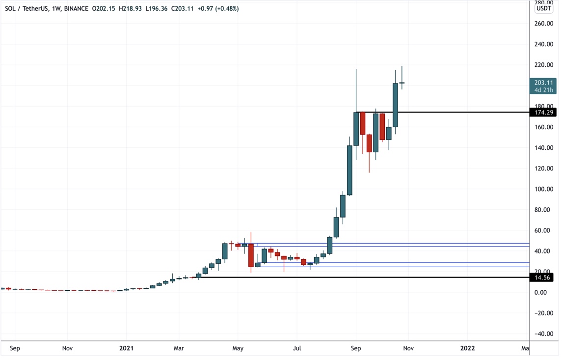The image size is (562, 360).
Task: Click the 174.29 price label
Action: [x=542, y=112]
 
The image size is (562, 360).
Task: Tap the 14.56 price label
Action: [x=542, y=277]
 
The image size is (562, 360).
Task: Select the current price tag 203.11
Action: [x=543, y=83]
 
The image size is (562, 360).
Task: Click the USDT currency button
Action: [x=543, y=8]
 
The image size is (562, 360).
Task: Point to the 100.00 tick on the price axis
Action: [x=543, y=189]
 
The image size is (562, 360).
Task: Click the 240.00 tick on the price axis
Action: [x=543, y=44]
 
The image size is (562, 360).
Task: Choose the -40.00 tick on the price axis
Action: [x=543, y=333]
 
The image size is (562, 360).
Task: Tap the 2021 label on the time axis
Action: [x=126, y=348]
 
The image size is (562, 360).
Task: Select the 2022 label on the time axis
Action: [x=467, y=348]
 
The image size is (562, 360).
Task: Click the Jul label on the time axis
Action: [x=296, y=348]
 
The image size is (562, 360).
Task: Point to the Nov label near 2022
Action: [x=408, y=348]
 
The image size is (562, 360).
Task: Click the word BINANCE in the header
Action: [x=76, y=8]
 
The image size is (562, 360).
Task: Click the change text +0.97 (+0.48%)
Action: [x=217, y=8]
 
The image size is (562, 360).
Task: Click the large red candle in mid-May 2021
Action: [x=251, y=255]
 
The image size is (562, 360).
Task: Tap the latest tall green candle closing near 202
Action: [x=395, y=105]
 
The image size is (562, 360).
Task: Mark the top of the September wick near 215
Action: [x=356, y=70]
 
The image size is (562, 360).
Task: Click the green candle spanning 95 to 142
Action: [x=349, y=170]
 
